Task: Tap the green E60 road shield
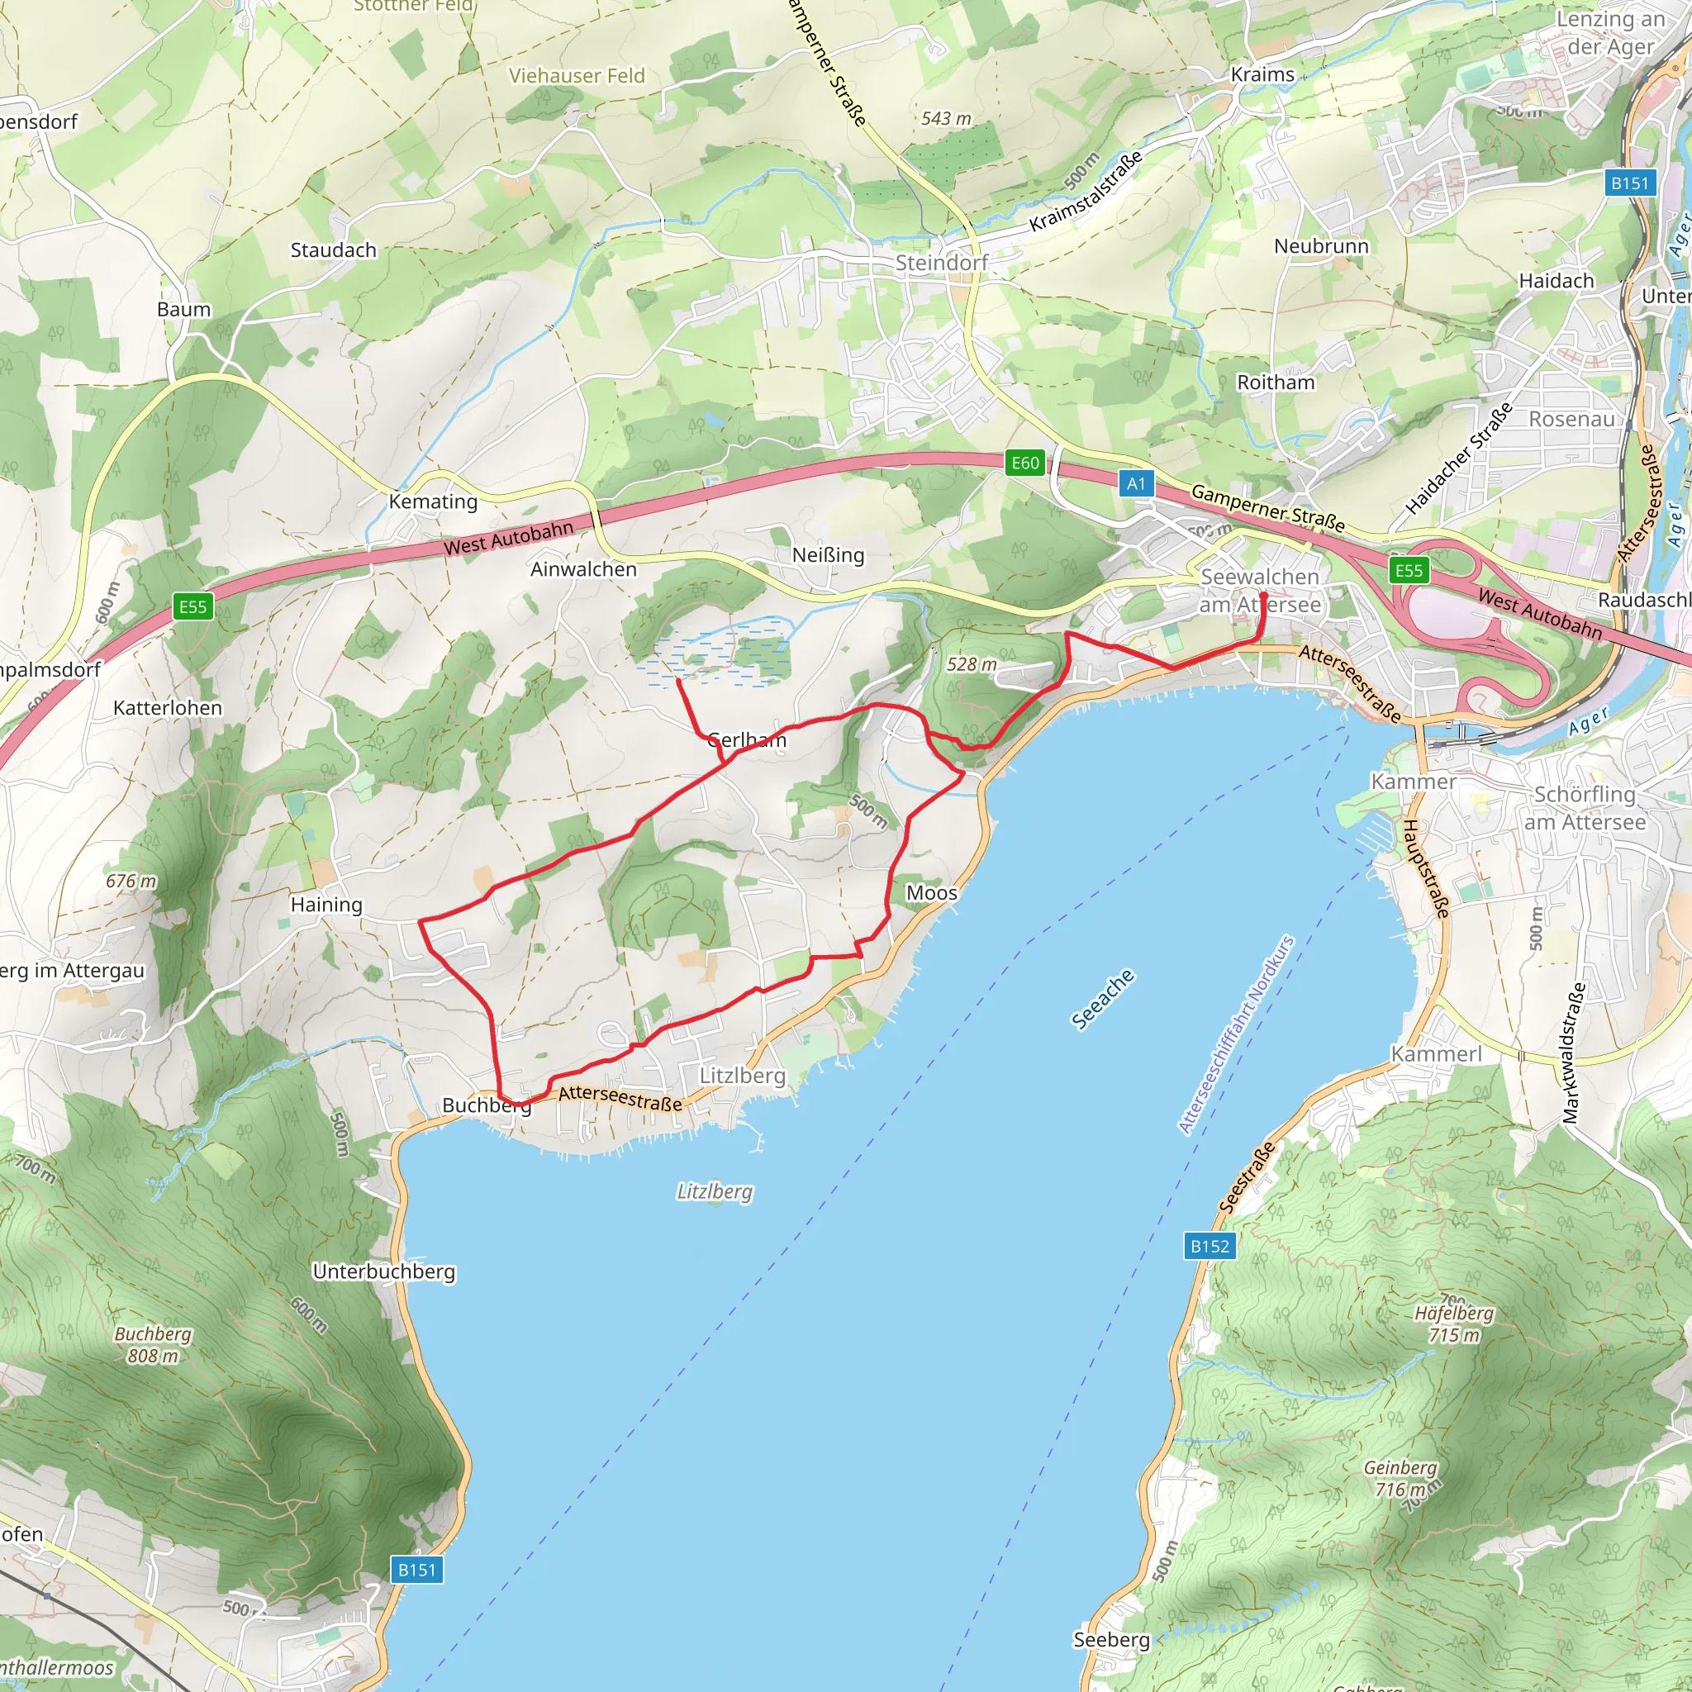1024,463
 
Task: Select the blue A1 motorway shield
1136,483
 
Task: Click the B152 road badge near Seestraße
1210,1245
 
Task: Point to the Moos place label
931,892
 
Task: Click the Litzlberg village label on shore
742,1076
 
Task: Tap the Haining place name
326,905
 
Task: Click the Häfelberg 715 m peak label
1454,1324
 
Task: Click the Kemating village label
433,501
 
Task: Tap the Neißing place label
828,555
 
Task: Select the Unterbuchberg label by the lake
383,1271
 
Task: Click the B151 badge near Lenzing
1630,183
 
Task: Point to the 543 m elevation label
946,118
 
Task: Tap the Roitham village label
1275,383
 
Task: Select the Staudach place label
333,250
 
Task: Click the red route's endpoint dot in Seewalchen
1263,596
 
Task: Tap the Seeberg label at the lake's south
1111,1639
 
